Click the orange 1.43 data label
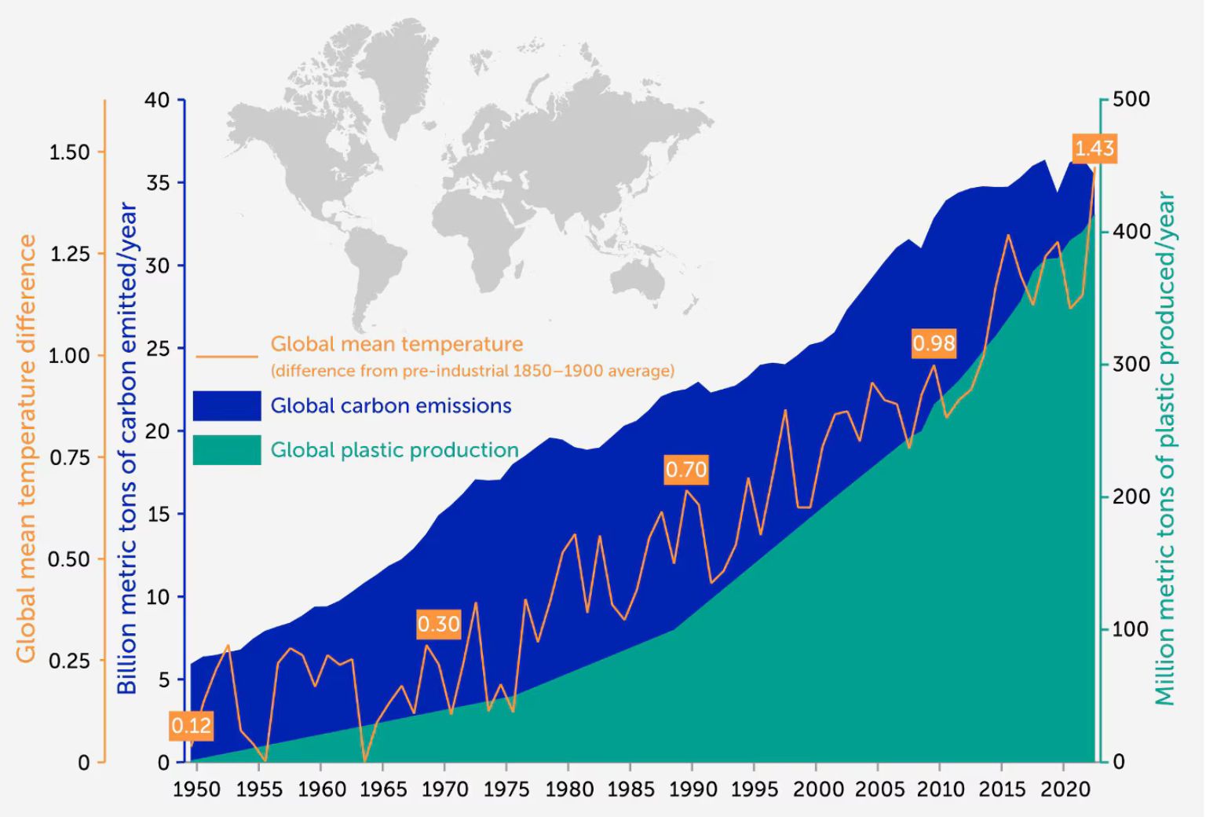(1094, 148)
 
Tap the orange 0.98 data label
(934, 343)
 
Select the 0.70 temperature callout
(686, 470)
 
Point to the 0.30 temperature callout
(438, 624)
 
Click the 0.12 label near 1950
(191, 725)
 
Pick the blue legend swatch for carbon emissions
(227, 405)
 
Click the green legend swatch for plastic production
(227, 450)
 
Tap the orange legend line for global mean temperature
(227, 356)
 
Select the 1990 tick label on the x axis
(693, 790)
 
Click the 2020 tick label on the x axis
(1065, 790)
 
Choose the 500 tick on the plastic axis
(1131, 100)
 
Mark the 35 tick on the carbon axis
(158, 183)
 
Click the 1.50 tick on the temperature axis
(70, 152)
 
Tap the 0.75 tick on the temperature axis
(70, 457)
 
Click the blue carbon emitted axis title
(127, 448)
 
